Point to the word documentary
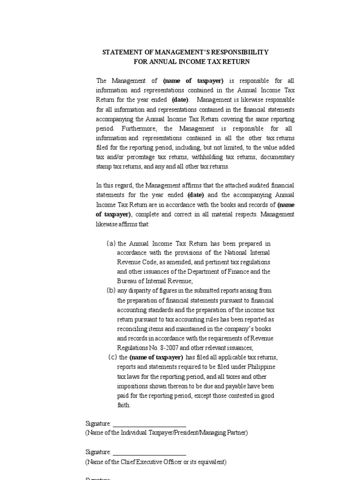pyautogui.click(x=277, y=157)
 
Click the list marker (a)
pyautogui.click(x=111, y=243)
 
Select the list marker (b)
pyautogui.click(x=111, y=290)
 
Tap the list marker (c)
pyautogui.click(x=112, y=357)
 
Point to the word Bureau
pyautogui.click(x=127, y=281)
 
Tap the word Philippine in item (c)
pyautogui.click(x=262, y=367)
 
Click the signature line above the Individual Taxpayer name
pyautogui.click(x=150, y=425)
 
